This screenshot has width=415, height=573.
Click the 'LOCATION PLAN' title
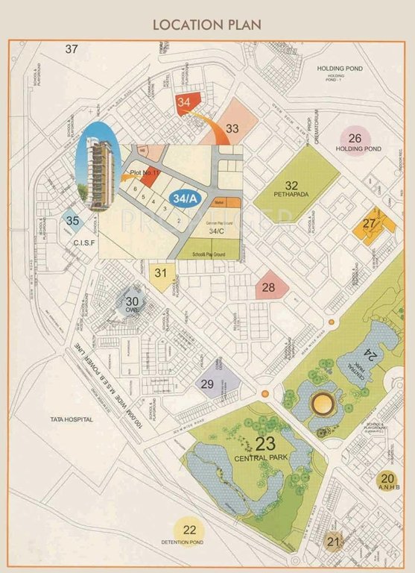click(207, 24)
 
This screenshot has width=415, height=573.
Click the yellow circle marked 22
click(190, 530)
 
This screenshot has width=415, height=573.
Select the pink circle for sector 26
click(355, 138)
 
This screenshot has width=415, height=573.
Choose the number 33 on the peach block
click(232, 128)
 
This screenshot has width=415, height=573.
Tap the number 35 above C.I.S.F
click(72, 220)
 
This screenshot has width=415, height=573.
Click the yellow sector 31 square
click(161, 273)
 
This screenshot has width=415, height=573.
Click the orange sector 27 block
click(370, 224)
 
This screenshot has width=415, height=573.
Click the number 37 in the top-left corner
click(71, 50)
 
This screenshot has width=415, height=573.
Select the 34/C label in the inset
click(216, 231)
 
